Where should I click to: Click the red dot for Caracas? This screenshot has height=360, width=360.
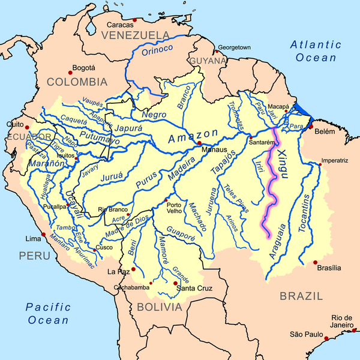pos(135,20)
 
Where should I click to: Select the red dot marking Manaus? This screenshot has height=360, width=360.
pos(199,143)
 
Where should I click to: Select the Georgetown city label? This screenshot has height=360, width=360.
pos(233,47)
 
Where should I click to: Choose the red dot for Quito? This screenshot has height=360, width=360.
pos(26,127)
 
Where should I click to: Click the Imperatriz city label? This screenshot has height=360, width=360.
pos(334,161)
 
